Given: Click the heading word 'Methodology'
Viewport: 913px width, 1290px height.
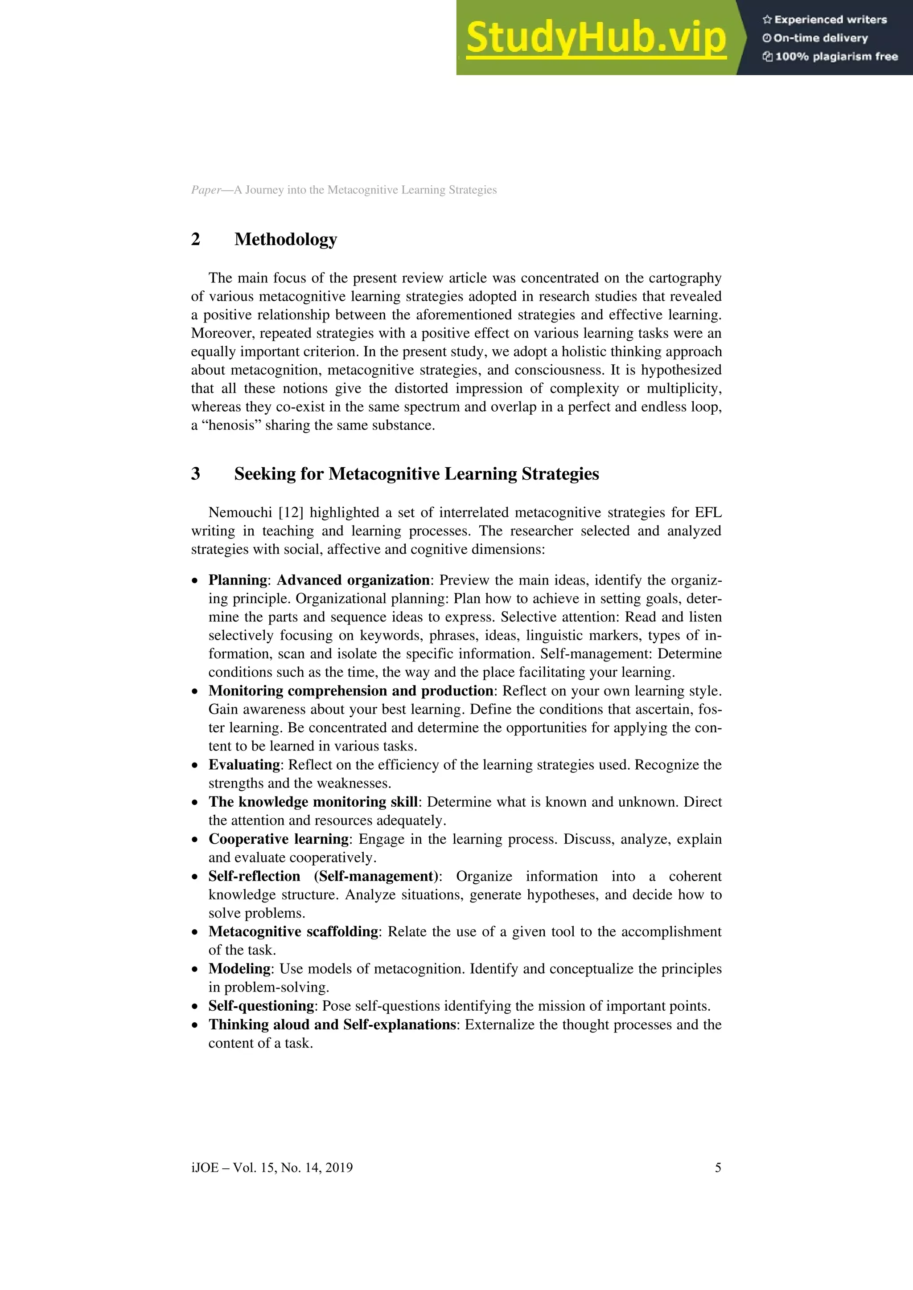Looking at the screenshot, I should [x=286, y=239].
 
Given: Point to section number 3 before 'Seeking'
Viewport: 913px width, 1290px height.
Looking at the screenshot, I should [x=196, y=474].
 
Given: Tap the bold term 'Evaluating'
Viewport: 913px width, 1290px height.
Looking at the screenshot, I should [x=244, y=765].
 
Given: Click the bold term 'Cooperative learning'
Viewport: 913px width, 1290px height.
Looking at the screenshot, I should [x=279, y=839].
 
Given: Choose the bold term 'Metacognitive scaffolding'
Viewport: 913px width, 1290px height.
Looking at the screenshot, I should [x=293, y=931].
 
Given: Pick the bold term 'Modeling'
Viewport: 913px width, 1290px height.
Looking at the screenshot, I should [x=239, y=969].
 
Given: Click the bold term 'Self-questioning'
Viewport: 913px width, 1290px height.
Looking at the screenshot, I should [x=261, y=1006].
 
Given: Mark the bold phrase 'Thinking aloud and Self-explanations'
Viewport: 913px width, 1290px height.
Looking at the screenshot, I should [x=332, y=1024].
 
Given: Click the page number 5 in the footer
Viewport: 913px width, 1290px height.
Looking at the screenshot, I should [x=717, y=1163].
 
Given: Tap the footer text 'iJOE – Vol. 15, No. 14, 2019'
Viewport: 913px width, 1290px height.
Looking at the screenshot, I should [x=272, y=1163].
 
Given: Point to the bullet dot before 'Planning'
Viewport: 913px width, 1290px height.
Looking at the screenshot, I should [x=194, y=580].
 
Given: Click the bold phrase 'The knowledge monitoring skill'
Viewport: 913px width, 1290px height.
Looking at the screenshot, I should [x=313, y=802].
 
